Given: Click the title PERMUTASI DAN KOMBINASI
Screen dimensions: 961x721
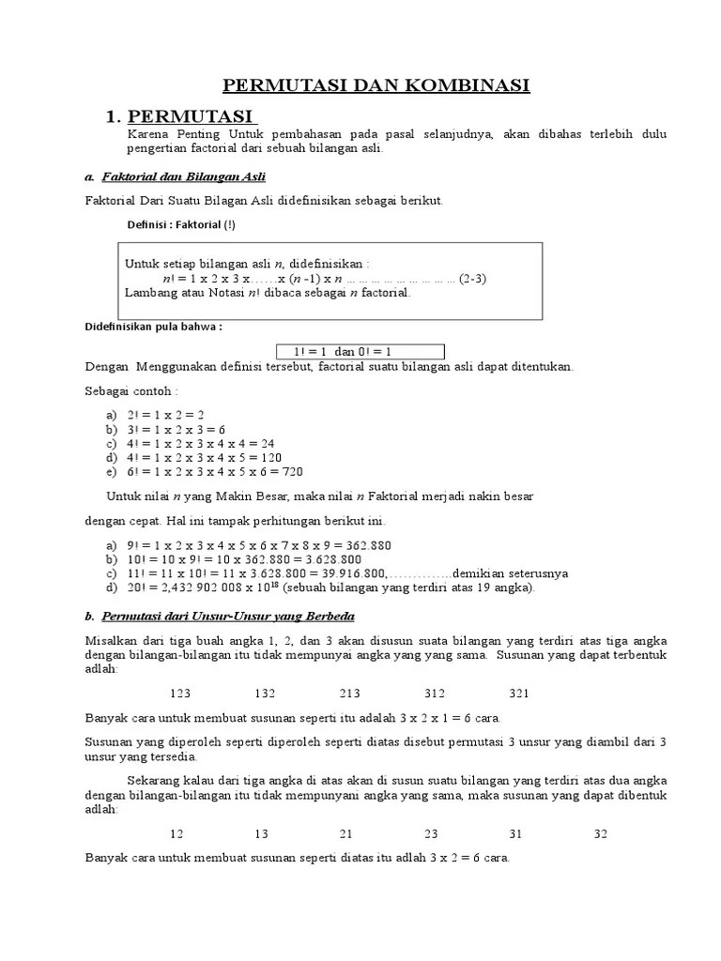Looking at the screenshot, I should click(376, 86).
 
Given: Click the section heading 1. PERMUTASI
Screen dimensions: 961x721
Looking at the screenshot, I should click(181, 116).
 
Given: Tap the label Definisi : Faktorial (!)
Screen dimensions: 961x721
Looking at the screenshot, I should click(180, 224).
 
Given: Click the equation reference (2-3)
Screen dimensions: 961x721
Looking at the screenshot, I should click(472, 279).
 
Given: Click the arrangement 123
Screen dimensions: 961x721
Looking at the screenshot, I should click(180, 694).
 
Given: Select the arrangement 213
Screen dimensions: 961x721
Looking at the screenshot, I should click(349, 694).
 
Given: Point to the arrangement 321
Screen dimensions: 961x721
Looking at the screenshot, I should click(518, 694).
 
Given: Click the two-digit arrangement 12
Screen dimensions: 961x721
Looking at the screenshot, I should click(176, 833).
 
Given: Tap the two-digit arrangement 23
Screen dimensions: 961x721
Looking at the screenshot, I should click(431, 833).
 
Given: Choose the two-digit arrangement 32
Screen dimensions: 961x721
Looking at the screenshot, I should click(602, 833).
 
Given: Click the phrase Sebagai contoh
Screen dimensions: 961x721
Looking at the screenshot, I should click(130, 390).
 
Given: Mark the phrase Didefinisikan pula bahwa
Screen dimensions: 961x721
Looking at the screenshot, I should click(154, 328).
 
